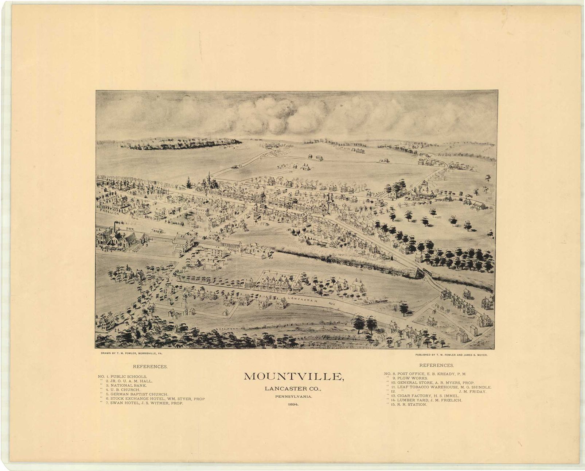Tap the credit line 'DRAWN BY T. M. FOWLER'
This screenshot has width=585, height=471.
click(x=132, y=354)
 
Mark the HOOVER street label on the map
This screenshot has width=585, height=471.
click(x=248, y=185)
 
